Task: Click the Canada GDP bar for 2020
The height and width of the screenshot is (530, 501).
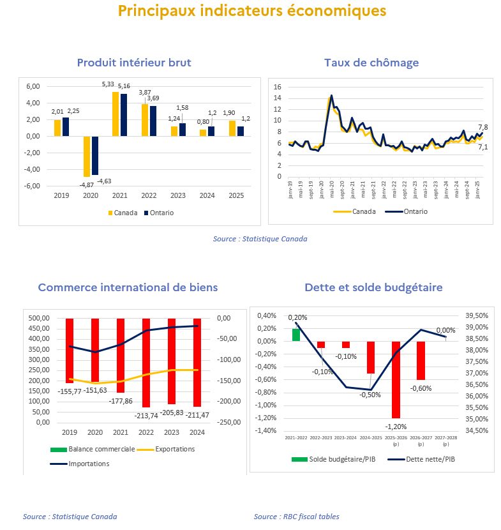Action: coord(87,156)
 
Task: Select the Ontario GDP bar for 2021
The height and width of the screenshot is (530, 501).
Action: coord(124,115)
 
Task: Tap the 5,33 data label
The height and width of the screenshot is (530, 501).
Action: coord(108,84)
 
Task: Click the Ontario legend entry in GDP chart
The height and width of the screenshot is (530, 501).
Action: coord(159,213)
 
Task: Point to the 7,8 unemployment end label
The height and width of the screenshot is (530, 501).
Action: coord(483,128)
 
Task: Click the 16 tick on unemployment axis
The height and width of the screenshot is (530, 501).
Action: coord(278,87)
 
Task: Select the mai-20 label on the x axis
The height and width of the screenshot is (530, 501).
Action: coord(331,189)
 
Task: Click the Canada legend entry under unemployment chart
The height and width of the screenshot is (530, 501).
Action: coord(354,211)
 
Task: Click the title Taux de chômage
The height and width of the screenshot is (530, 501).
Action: coord(371,63)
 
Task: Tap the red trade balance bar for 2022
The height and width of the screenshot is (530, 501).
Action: coord(146,363)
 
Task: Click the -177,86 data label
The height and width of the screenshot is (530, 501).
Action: coord(121,401)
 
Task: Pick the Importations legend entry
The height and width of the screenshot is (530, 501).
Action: coord(80,464)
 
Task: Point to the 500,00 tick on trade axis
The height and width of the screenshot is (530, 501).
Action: coord(39,318)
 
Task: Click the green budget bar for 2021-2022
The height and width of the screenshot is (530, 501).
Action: coord(296,335)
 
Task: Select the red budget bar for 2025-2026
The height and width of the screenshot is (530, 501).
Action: coord(396,379)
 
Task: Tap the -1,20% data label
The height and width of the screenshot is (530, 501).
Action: coord(396,427)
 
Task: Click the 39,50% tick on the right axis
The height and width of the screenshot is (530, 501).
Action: coord(477,315)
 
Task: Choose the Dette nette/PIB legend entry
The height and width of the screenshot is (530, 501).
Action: coord(421,459)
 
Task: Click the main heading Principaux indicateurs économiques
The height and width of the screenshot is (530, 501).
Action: coord(252,11)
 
